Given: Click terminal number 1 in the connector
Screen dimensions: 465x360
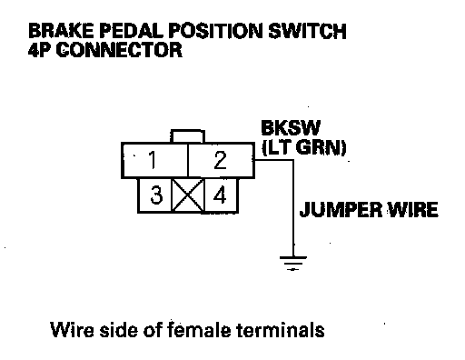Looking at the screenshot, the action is click(x=154, y=160).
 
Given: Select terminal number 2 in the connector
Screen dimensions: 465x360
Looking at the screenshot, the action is click(x=221, y=160).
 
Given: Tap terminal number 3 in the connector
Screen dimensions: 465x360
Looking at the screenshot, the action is click(x=155, y=195).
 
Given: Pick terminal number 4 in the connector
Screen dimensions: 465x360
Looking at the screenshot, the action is click(x=222, y=195).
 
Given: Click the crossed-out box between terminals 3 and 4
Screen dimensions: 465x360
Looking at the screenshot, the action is click(x=188, y=195).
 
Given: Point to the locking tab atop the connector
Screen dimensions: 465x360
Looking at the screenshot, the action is click(x=188, y=136).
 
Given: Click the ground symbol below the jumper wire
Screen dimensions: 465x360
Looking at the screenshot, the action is click(x=293, y=263).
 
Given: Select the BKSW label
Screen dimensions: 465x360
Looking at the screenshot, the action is click(x=291, y=128).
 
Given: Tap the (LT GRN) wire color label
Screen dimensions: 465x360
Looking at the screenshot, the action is click(x=304, y=148).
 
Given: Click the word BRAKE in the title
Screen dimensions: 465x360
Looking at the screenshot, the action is click(x=61, y=31).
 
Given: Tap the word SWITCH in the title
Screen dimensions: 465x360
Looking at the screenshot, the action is click(x=307, y=31).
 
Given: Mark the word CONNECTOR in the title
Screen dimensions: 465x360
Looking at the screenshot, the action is click(x=119, y=50).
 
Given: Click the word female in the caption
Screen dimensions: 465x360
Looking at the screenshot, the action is click(x=199, y=329).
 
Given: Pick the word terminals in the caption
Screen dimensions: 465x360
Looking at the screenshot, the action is click(x=281, y=329).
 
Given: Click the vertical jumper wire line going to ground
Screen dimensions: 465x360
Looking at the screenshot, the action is click(x=293, y=208).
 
